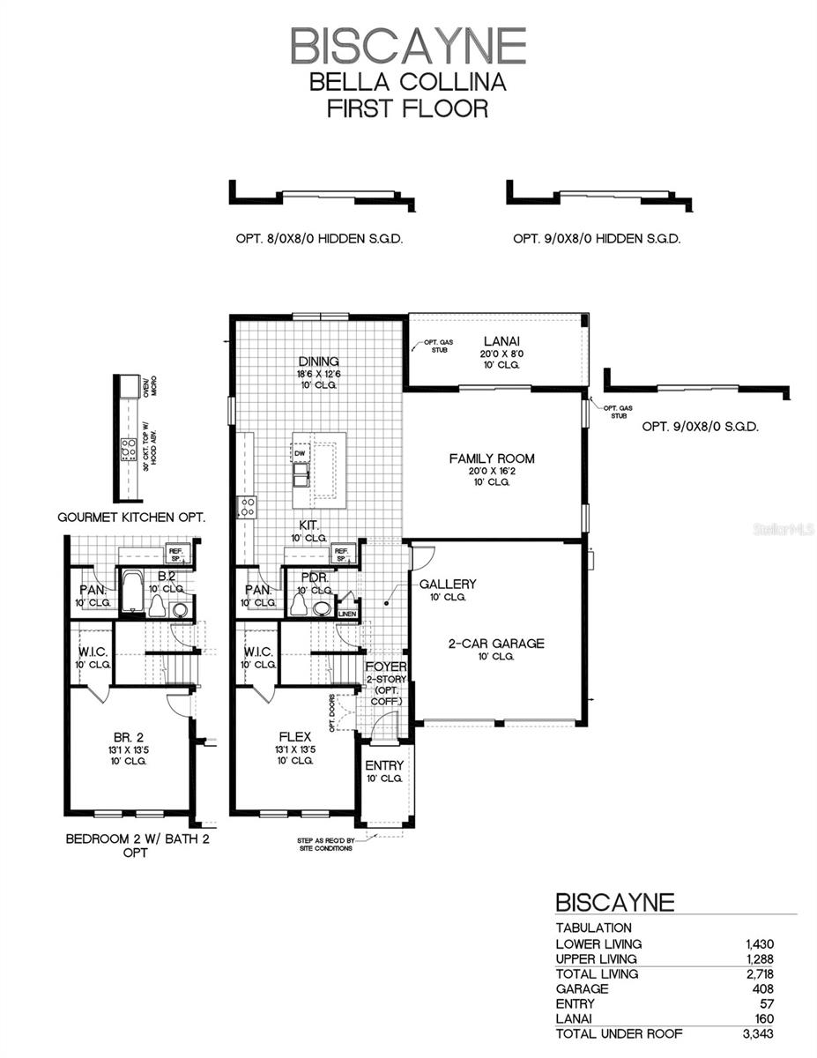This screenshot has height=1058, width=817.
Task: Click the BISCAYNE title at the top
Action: pyautogui.click(x=408, y=46)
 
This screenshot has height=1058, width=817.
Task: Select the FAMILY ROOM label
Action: pyautogui.click(x=492, y=458)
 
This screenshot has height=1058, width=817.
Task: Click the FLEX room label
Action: pyautogui.click(x=295, y=736)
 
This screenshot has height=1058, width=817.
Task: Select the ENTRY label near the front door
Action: pyautogui.click(x=384, y=765)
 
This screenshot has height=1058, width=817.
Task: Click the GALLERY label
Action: pyautogui.click(x=448, y=584)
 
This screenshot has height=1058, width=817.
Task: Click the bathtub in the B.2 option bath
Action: pyautogui.click(x=131, y=592)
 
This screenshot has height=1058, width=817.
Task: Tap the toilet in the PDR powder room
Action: pyautogui.click(x=299, y=605)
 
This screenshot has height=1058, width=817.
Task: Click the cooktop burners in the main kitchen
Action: pyautogui.click(x=247, y=507)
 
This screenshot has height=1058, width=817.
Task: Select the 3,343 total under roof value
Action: pyautogui.click(x=758, y=1034)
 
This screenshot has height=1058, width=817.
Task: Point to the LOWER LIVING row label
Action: pyautogui.click(x=598, y=943)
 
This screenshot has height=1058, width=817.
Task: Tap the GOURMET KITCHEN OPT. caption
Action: pyautogui.click(x=131, y=518)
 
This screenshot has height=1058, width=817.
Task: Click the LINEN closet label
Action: pyautogui.click(x=348, y=614)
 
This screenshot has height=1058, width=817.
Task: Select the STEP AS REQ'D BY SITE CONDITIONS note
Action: pyautogui.click(x=325, y=845)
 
